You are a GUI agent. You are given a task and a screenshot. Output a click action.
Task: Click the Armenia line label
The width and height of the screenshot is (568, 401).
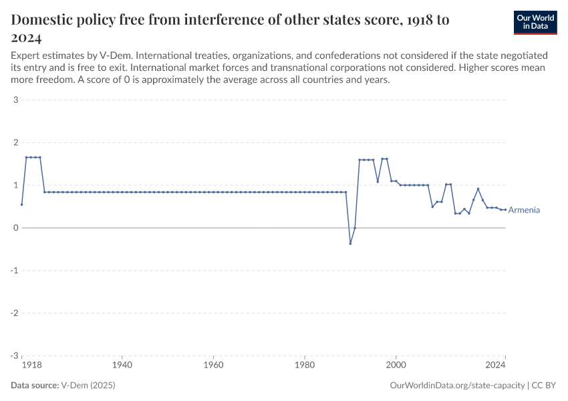[524, 210]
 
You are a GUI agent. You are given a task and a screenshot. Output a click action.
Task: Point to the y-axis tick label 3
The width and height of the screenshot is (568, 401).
[15, 100]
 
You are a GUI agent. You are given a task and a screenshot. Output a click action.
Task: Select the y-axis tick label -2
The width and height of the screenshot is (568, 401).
[13, 313]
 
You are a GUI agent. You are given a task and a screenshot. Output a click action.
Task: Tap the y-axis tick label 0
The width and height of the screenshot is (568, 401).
[15, 228]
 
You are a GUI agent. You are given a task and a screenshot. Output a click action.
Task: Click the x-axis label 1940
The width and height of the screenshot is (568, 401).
[122, 366]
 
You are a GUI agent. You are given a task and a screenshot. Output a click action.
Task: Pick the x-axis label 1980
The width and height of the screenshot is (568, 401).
[305, 366]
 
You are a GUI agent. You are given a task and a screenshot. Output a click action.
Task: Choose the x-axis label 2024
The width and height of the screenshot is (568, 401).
[495, 366]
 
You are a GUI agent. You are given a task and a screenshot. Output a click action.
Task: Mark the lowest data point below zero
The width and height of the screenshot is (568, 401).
[350, 243]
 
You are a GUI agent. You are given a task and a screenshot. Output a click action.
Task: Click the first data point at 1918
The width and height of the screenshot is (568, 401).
[22, 205]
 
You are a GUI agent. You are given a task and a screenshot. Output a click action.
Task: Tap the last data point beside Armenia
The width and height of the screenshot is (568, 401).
[505, 209]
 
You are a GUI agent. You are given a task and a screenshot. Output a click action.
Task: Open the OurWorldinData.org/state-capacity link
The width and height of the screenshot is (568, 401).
[456, 386]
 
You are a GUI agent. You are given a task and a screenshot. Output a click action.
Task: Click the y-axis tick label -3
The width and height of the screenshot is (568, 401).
[13, 356]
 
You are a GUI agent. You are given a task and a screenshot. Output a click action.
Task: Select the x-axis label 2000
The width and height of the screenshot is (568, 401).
[396, 366]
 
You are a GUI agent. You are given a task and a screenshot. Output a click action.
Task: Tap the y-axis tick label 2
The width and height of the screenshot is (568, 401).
[15, 143]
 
